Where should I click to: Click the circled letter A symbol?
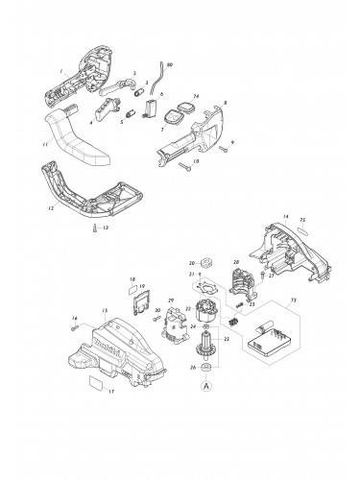coord(204,387)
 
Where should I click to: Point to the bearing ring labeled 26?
coord(204,367)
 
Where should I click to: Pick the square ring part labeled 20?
coord(204,262)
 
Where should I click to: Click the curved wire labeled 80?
coord(162,79)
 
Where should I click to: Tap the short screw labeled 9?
coord(223,150)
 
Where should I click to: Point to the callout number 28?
coord(235,261)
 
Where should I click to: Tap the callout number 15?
coord(105,310)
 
